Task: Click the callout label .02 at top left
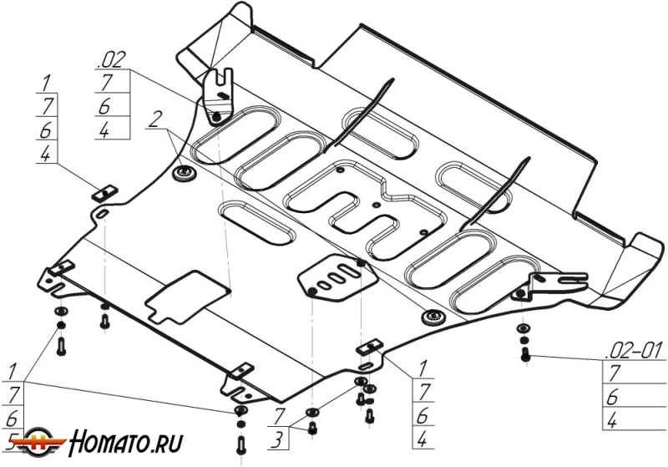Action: (x=112, y=60)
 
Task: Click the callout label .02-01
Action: (x=635, y=351)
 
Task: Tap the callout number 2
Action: (x=154, y=119)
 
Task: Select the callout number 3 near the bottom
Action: (x=276, y=439)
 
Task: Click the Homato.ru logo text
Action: (x=126, y=442)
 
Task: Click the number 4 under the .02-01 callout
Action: (x=612, y=421)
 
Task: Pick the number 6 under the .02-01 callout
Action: (x=612, y=398)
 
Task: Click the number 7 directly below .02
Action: (x=107, y=82)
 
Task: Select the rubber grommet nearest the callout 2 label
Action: (x=184, y=173)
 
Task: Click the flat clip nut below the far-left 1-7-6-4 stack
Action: (x=105, y=193)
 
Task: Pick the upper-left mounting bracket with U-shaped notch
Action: (x=219, y=96)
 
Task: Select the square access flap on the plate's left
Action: (x=187, y=297)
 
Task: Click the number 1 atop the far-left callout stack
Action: (x=46, y=83)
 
